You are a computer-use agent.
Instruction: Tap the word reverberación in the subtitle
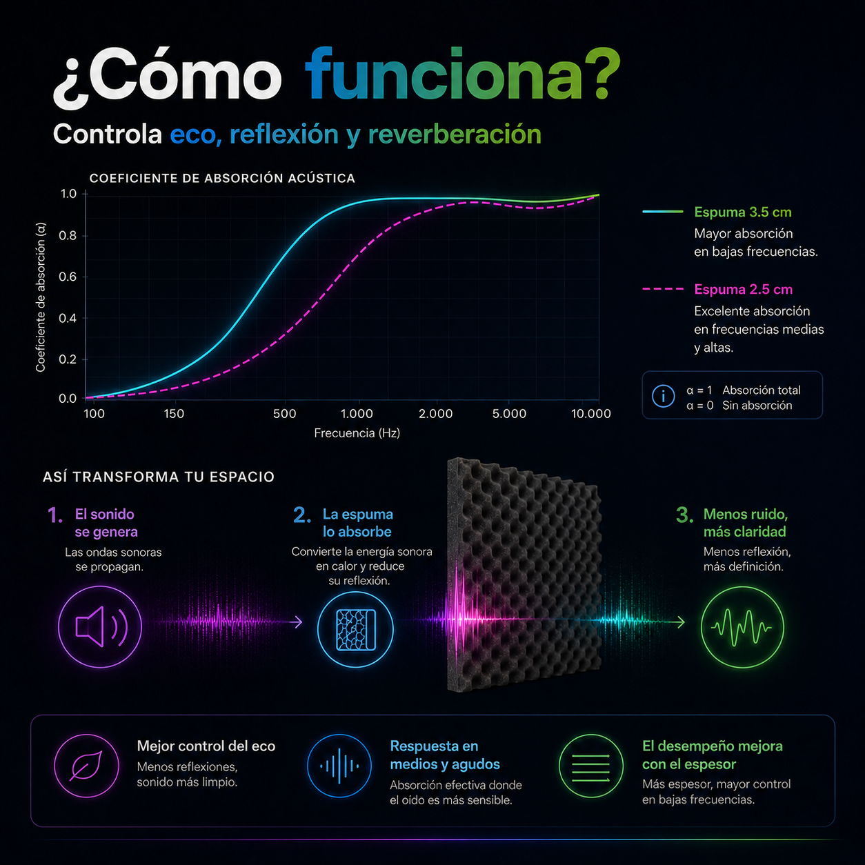[x=455, y=135]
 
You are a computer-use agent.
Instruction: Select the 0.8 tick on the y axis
[x=68, y=236]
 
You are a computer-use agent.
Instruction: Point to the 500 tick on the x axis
[x=285, y=413]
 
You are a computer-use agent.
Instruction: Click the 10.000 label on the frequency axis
[x=590, y=413]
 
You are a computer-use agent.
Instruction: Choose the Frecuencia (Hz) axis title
[x=357, y=433]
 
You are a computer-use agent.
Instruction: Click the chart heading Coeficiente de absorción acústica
[x=222, y=178]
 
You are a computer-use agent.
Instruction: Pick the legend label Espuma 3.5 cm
[x=743, y=212]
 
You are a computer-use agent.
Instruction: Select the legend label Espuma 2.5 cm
[x=744, y=289]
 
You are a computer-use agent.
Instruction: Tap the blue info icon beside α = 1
[x=663, y=396]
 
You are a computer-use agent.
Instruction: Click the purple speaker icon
[x=100, y=626]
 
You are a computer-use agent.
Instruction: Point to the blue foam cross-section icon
[x=355, y=629]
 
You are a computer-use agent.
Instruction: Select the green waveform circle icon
[x=742, y=626]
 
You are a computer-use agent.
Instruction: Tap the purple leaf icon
[x=87, y=766]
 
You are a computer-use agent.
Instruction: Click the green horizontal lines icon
[x=591, y=766]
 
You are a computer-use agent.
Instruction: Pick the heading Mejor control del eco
[x=206, y=746]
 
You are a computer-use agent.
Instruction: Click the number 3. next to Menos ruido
[x=685, y=515]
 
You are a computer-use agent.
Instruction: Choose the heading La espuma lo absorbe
[x=358, y=523]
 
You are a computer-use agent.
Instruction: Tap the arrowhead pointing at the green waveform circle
[x=681, y=622]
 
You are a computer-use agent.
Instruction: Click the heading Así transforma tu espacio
[x=159, y=477]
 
